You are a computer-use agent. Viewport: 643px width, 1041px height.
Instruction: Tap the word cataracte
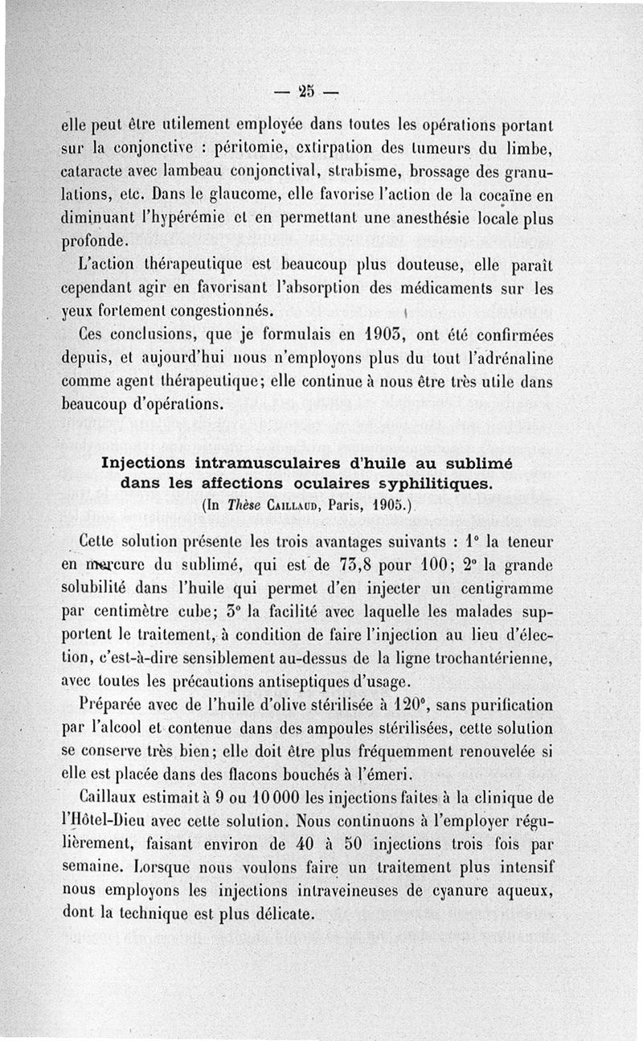pyautogui.click(x=95, y=172)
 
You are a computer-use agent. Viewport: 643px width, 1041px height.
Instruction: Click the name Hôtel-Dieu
pyautogui.click(x=104, y=823)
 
